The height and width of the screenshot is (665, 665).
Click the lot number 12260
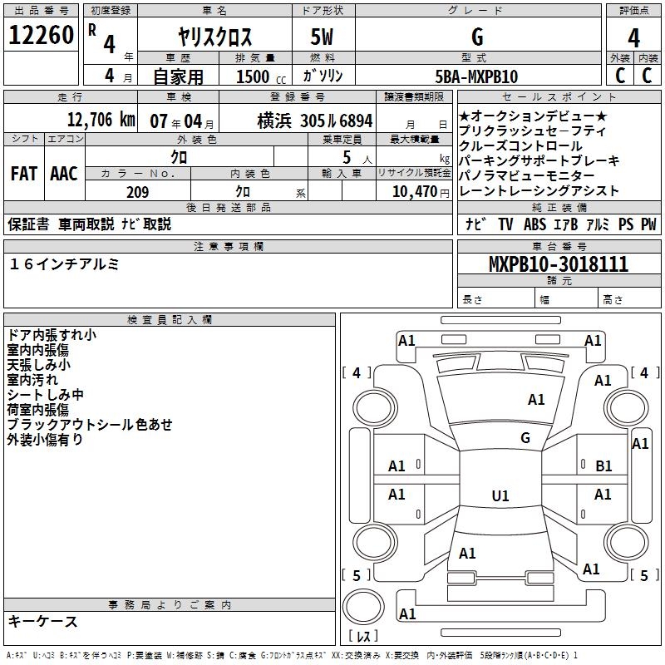click(42, 36)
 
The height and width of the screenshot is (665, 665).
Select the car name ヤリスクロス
click(215, 37)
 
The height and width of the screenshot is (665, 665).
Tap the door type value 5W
click(323, 37)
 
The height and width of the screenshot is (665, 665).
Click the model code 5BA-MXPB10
click(477, 76)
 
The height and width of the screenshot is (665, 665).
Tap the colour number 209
click(137, 192)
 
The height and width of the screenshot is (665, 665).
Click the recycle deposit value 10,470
click(412, 192)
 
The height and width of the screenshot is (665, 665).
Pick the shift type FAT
click(23, 174)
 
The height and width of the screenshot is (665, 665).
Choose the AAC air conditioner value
click(63, 174)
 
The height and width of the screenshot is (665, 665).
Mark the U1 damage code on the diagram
click(500, 496)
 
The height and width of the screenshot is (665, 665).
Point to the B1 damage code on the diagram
click(603, 466)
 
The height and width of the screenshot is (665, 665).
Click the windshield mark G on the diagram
click(525, 438)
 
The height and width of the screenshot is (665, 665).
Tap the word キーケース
click(43, 621)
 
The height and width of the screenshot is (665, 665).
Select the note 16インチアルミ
click(64, 264)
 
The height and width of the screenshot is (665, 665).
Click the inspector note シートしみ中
click(46, 395)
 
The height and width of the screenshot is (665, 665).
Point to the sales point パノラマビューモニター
click(527, 175)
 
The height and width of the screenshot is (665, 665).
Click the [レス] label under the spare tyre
click(362, 637)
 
